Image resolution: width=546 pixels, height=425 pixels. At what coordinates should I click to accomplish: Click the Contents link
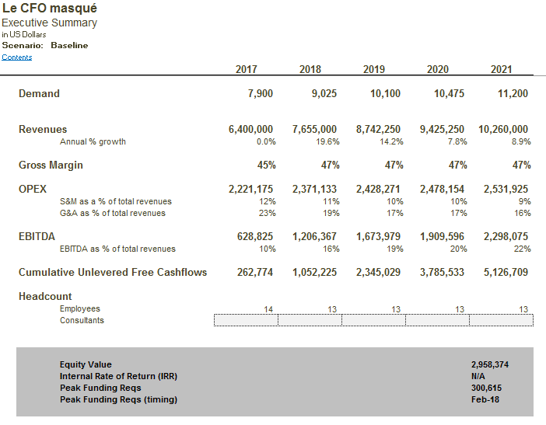(17, 57)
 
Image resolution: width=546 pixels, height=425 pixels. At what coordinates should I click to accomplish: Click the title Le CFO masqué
(50, 9)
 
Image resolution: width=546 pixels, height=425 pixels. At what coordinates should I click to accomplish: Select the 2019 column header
(374, 69)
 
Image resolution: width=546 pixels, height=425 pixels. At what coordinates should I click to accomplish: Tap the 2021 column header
(502, 69)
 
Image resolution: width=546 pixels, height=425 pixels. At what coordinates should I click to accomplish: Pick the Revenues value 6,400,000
(250, 129)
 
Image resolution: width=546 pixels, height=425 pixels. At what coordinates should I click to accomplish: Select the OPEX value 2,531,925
(506, 189)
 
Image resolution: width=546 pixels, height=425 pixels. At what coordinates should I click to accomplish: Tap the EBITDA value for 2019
(379, 235)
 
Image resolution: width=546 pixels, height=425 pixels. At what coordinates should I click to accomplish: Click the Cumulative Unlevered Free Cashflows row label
(113, 273)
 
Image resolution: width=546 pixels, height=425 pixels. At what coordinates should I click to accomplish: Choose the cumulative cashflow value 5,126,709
(506, 273)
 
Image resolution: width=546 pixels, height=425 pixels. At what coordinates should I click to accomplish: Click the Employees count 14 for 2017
(268, 309)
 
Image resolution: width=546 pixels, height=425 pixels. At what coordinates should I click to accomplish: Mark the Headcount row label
(45, 296)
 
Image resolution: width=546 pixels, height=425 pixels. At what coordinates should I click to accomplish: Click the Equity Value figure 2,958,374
(490, 364)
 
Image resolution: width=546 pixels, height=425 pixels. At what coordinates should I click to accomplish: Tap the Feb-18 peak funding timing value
(485, 399)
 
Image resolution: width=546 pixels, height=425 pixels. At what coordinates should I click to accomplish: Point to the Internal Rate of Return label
(118, 376)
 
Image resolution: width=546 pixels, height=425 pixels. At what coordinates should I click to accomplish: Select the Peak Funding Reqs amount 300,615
(486, 388)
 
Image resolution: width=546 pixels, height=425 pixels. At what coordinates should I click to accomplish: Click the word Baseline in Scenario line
(69, 45)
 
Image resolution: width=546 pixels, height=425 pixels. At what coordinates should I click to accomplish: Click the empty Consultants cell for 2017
(246, 320)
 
